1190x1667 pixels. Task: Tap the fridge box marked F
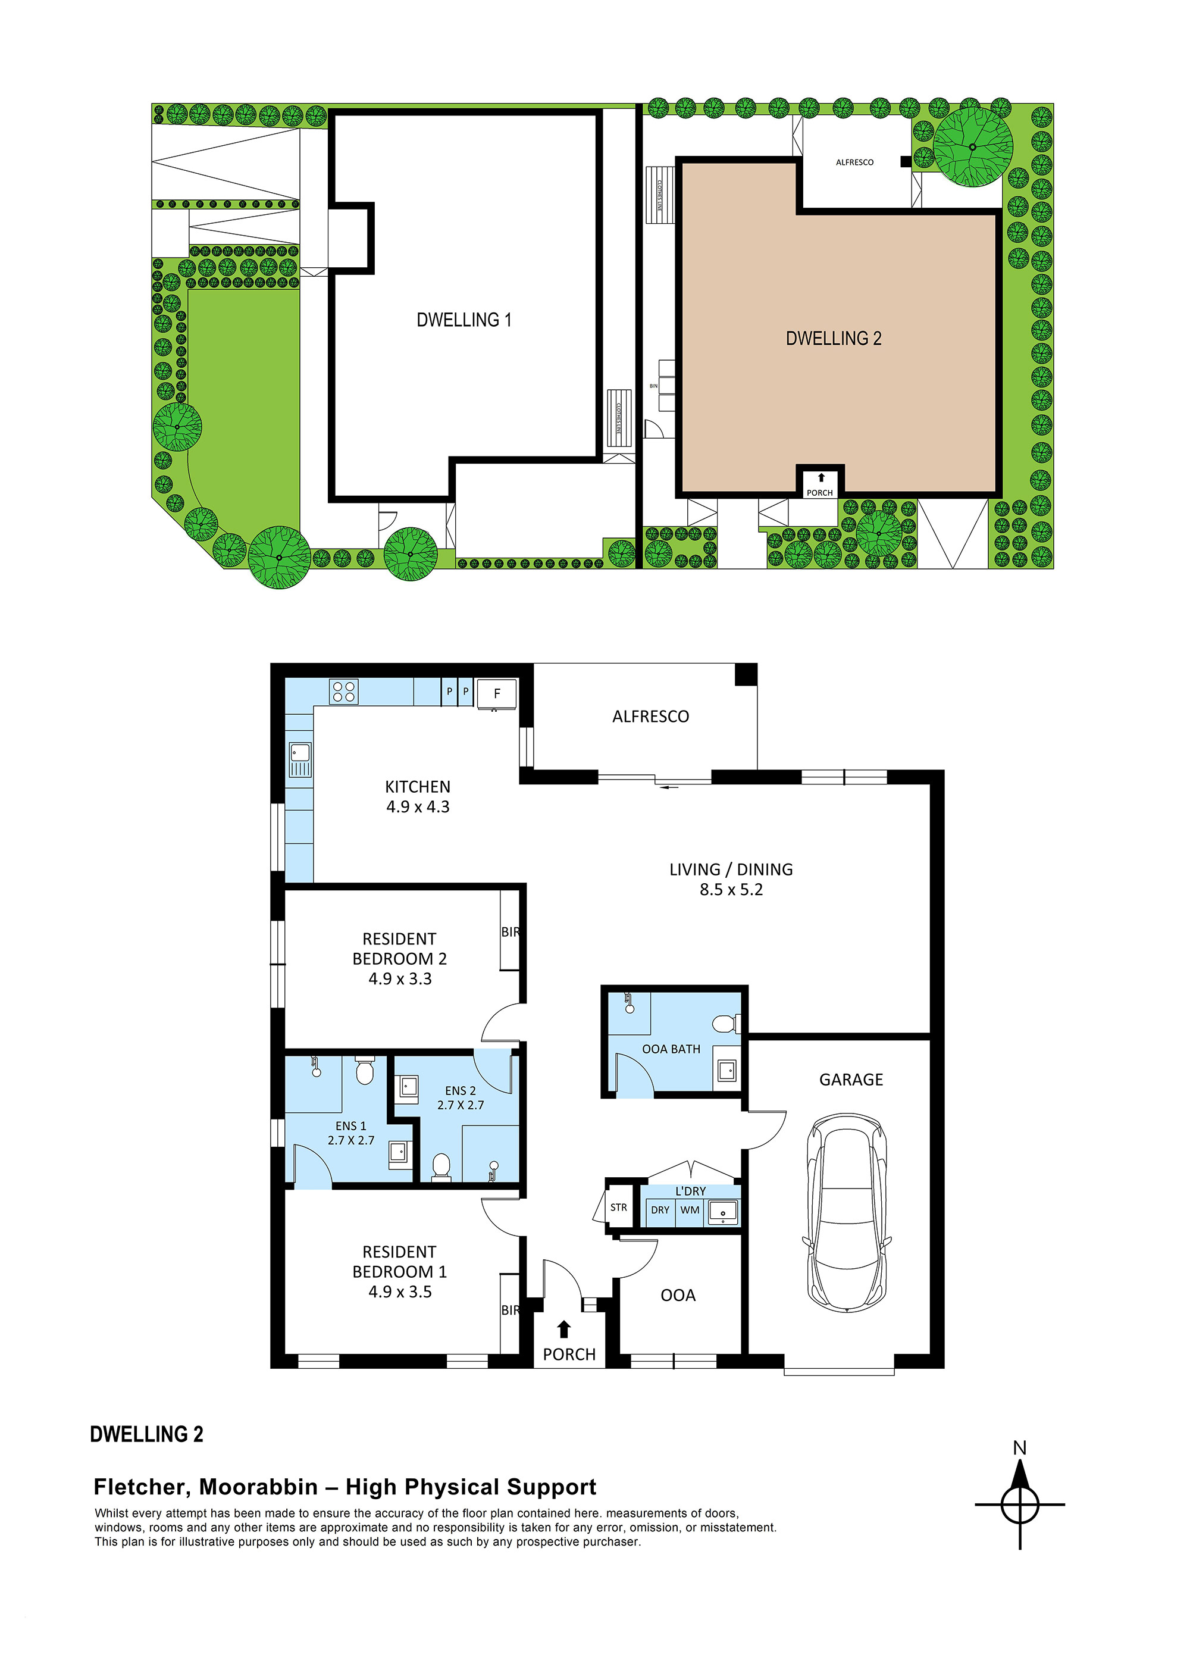coord(497,693)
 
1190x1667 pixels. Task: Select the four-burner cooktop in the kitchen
coord(344,692)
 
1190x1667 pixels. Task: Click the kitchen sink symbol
coord(300,759)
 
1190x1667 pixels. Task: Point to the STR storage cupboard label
coord(618,1208)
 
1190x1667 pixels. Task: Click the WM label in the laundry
coord(690,1210)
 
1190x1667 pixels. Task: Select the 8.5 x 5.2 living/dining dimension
coord(731,890)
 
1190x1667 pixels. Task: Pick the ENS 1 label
coord(350,1125)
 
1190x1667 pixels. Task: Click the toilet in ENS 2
coord(441,1165)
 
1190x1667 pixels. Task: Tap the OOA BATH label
coord(671,1049)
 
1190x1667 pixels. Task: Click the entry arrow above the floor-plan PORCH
coord(563,1328)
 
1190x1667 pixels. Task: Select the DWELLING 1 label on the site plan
coord(464,320)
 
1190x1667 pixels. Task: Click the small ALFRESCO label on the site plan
coord(854,162)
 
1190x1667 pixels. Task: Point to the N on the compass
coord(1019,1448)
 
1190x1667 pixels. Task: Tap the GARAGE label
coord(851,1080)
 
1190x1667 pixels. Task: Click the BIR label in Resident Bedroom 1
coord(510,1309)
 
